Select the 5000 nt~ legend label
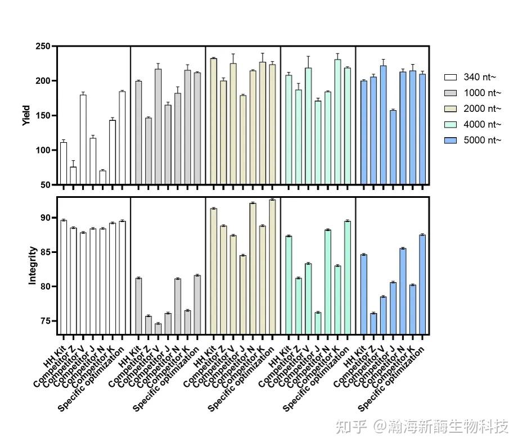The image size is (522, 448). (482, 140)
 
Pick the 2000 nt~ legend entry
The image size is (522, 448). (482, 108)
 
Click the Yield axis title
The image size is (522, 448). (26, 115)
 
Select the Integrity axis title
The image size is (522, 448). (33, 265)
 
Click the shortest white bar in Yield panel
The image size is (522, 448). (102, 178)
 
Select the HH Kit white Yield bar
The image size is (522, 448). (64, 164)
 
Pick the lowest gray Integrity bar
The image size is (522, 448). (158, 329)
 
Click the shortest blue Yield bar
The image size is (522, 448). (393, 147)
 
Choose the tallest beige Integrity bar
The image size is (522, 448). (272, 267)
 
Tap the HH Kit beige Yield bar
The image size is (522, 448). (213, 121)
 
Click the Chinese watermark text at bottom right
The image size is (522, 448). (422, 427)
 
